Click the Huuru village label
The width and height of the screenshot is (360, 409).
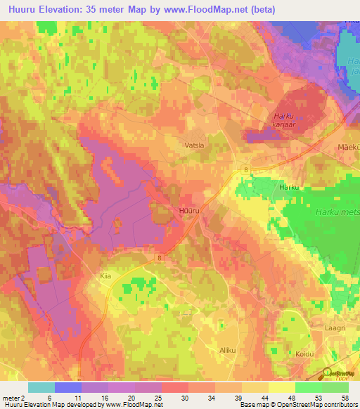click(190, 210)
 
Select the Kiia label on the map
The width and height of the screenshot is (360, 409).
click(106, 278)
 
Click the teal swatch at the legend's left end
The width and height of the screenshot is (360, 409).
click(41, 387)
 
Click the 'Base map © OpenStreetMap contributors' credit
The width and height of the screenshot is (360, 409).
click(297, 405)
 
